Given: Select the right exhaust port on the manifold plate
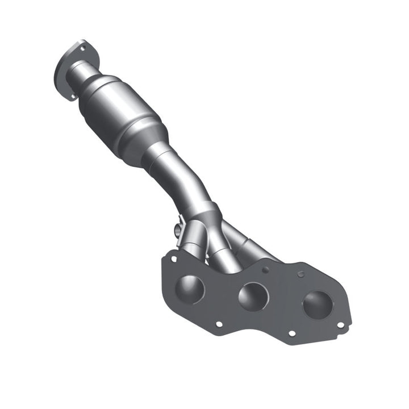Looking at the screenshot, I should [318, 306].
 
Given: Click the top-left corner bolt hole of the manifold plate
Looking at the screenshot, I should [174, 259].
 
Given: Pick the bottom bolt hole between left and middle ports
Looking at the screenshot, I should [219, 324].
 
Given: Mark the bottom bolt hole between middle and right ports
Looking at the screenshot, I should [291, 334].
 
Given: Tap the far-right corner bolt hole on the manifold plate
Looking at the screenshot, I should [340, 325].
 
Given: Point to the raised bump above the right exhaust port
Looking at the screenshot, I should [301, 274].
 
